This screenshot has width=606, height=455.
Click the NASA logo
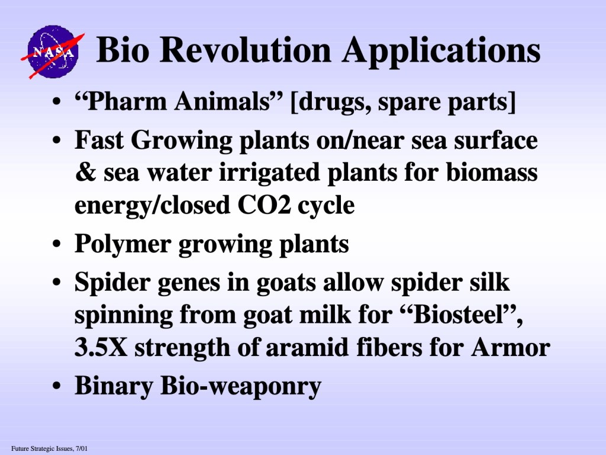tap(53, 52)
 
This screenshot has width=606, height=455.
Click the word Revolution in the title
tap(245, 50)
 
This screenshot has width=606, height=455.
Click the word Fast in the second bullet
tap(99, 140)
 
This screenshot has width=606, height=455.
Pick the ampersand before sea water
tap(85, 172)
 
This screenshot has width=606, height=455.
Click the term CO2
tap(264, 205)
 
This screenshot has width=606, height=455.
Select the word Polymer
tap(123, 245)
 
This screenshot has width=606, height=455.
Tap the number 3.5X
tap(101, 347)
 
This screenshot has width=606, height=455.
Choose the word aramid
tap(308, 347)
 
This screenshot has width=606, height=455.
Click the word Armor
tap(511, 347)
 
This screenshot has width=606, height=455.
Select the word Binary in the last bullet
tap(114, 386)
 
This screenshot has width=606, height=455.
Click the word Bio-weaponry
tap(241, 386)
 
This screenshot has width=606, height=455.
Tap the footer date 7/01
tap(82, 449)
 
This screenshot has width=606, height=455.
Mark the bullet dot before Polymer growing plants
tap(57, 245)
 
